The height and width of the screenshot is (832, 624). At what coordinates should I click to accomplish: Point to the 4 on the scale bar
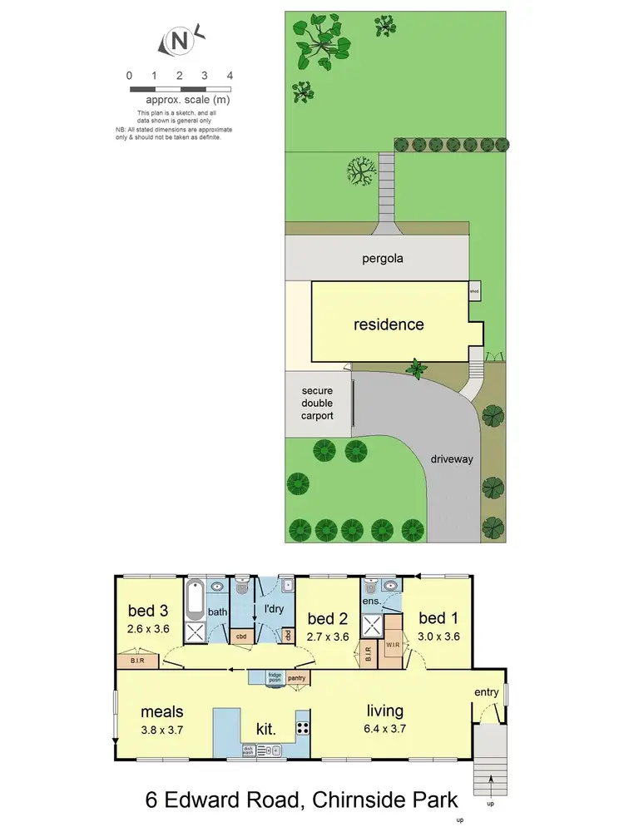pyautogui.click(x=230, y=76)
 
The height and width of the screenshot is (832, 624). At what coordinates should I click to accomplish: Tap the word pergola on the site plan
pyautogui.click(x=383, y=258)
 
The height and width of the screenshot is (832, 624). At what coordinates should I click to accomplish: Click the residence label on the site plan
pyautogui.click(x=389, y=324)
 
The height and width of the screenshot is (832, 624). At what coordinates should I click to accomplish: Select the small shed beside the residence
pyautogui.click(x=474, y=292)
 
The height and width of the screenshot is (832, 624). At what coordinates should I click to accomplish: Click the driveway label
pyautogui.click(x=453, y=458)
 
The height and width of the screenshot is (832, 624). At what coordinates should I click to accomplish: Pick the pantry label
pyautogui.click(x=297, y=678)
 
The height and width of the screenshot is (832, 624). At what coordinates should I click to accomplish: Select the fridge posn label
pyautogui.click(x=274, y=678)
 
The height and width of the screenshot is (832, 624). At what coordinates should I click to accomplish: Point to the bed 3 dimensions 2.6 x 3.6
pyautogui.click(x=151, y=629)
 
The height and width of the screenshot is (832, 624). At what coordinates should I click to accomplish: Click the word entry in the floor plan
pyautogui.click(x=487, y=693)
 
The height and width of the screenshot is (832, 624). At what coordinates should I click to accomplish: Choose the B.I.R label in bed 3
pyautogui.click(x=139, y=661)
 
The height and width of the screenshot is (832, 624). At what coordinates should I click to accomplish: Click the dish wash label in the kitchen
pyautogui.click(x=248, y=750)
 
